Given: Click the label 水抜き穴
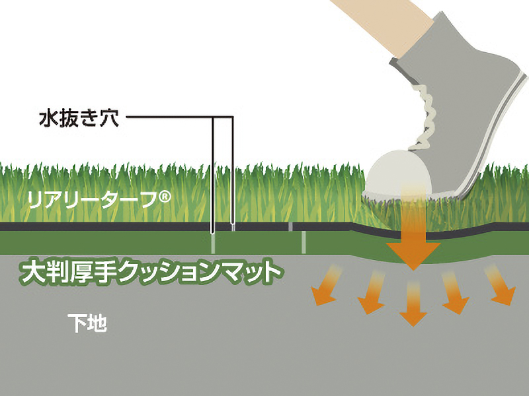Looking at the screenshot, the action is coord(79,118).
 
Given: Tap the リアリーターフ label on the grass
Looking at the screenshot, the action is coord(93,200).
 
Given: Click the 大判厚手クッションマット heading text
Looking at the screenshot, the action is coord(150,272).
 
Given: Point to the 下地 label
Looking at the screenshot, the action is coord(87,323).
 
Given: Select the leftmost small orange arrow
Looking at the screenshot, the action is coord(325,286).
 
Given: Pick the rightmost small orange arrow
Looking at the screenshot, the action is coord(500,285).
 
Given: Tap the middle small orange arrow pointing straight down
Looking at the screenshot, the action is coord(413,304).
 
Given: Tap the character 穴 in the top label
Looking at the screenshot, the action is coord(110,118).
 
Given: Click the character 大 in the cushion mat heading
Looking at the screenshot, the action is coord(32,272).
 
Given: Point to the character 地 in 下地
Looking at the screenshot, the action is coord(97,323).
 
